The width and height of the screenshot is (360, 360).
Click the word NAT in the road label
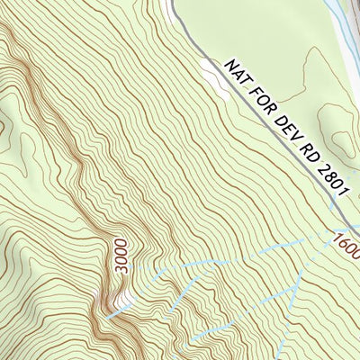tap(236, 73)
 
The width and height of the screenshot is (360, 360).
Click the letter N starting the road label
tap(229, 66)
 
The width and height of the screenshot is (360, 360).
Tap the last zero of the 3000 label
tap(122, 243)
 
